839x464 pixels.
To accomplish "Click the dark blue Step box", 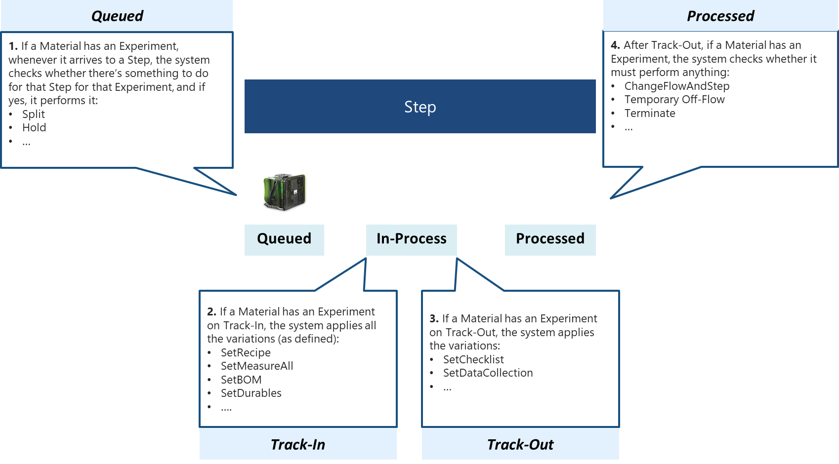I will click(420, 107).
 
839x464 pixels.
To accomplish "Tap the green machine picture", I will click(285, 192).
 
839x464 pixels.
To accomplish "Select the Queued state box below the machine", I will click(284, 239).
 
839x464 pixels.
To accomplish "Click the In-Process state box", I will click(411, 239).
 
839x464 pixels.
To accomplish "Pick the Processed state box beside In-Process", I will click(550, 239).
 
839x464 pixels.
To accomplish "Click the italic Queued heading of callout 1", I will click(117, 16).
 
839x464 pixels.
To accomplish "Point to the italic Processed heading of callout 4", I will click(720, 16).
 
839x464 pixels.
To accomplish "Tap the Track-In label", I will click(298, 444).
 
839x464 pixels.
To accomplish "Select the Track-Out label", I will click(520, 444).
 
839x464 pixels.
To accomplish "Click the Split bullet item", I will click(34, 114).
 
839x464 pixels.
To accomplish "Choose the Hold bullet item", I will click(34, 127).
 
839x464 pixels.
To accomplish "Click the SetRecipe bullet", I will click(246, 352).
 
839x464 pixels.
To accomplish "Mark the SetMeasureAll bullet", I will click(257, 366).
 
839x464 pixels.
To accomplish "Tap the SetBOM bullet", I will click(241, 380).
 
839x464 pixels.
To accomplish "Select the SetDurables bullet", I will click(251, 393).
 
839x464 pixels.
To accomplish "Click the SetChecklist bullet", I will click(473, 359).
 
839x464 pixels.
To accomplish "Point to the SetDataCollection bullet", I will click(488, 373).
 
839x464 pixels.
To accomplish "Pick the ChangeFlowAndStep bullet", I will click(677, 86).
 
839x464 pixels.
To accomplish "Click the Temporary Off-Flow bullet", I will click(674, 99).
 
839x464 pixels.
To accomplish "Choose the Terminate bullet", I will click(650, 113).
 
